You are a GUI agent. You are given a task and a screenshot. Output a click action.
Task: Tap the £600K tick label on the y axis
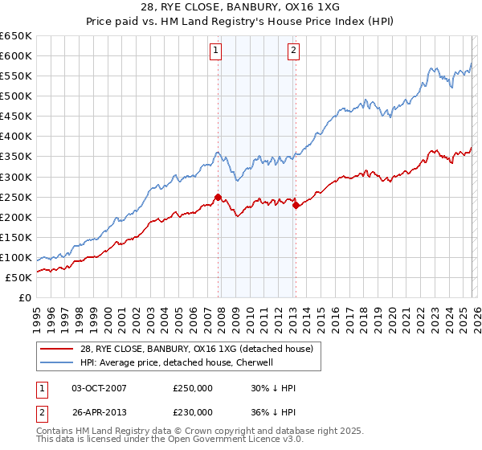coord(16,55)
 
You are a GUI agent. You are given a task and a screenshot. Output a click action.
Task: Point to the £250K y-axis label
coord(16,197)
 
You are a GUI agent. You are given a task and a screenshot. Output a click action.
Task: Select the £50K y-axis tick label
coord(19,277)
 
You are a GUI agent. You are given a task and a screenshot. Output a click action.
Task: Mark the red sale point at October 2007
coord(218,197)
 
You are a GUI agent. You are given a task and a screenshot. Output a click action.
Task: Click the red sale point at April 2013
coord(296,205)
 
